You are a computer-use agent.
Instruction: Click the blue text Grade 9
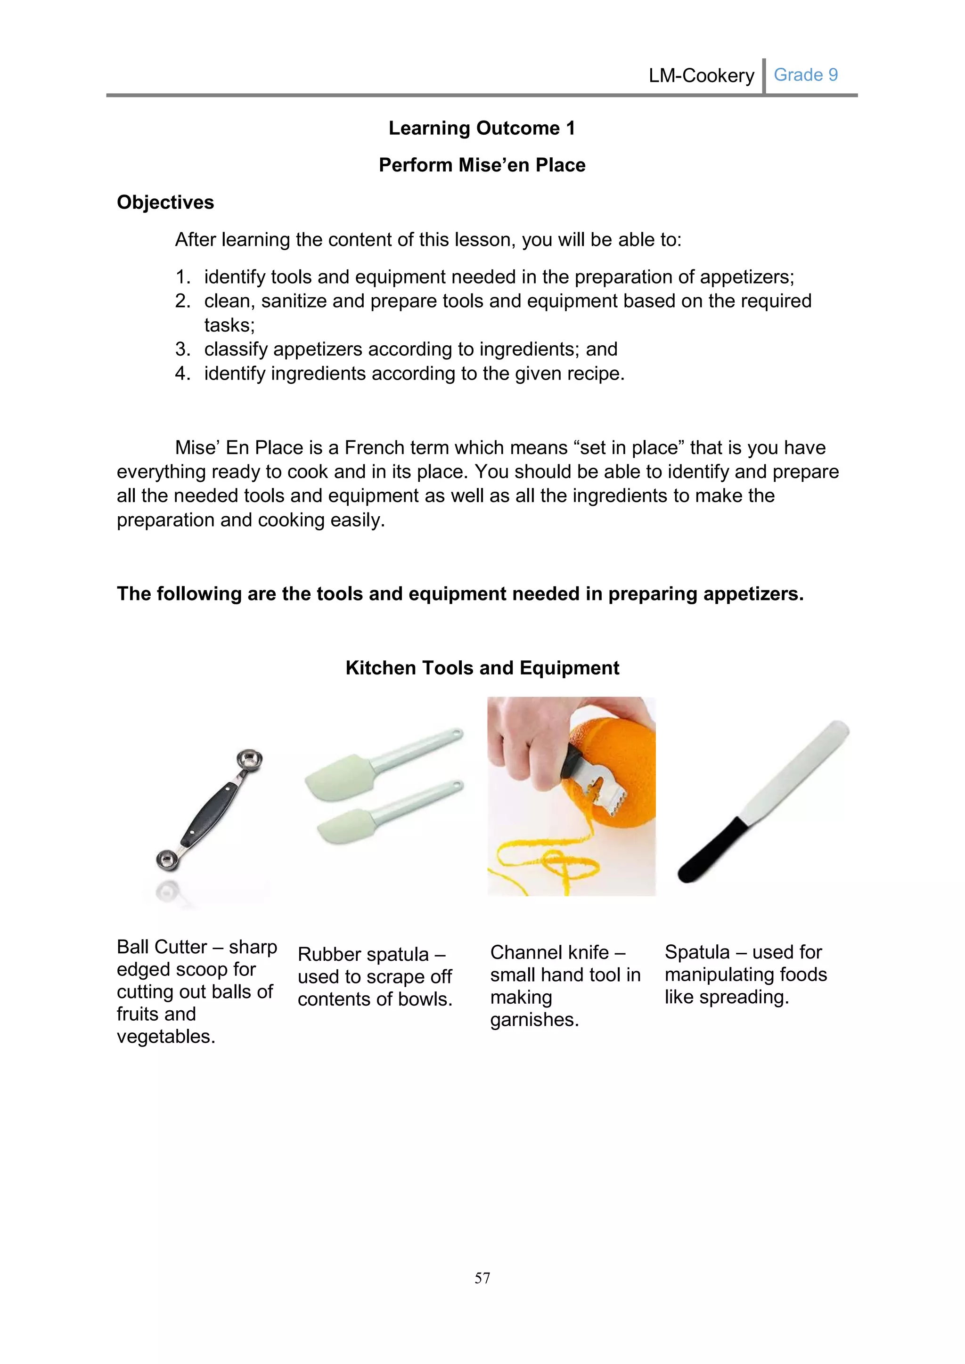coord(805,75)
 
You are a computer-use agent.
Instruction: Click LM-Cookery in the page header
coord(701,76)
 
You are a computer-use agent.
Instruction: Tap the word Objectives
coord(165,203)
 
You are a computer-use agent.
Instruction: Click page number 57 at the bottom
coord(482,1278)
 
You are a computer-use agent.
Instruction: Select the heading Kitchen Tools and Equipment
coord(482,668)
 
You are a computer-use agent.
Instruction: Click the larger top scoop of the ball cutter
coord(250,760)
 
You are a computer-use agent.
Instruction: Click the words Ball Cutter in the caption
coord(161,947)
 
